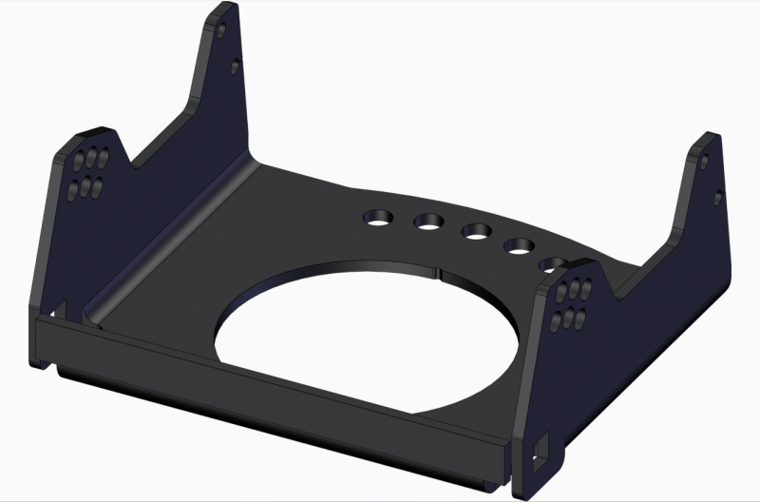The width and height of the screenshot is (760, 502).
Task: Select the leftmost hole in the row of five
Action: coord(377,219)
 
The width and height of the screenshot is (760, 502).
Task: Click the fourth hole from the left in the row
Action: coord(518,245)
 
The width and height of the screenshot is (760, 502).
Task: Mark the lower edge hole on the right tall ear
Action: coord(719,198)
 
